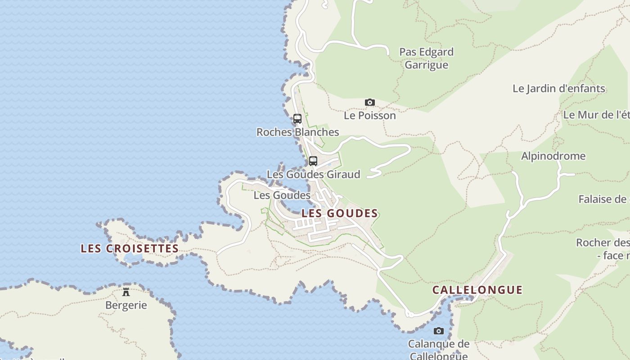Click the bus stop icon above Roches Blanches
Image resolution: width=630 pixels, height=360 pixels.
click(297, 119)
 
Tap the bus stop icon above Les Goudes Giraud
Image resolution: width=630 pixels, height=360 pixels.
click(313, 161)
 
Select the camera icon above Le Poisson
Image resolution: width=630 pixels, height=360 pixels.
click(370, 103)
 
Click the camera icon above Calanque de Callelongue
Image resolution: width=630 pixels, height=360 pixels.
click(439, 331)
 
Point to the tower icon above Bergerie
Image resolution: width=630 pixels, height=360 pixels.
click(126, 292)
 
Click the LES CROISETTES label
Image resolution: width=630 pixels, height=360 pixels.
click(130, 248)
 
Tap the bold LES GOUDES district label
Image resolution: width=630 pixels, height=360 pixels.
click(340, 213)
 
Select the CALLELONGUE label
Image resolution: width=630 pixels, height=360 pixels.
click(477, 290)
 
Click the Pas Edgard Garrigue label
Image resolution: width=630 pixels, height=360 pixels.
click(427, 58)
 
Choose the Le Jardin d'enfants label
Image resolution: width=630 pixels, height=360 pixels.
click(559, 89)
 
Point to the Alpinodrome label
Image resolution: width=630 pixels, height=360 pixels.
click(553, 156)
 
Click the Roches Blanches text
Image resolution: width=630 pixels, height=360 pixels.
click(298, 132)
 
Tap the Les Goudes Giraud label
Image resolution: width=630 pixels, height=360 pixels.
click(314, 174)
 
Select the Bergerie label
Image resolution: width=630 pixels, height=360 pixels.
click(126, 305)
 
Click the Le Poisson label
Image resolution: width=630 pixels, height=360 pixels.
click(370, 116)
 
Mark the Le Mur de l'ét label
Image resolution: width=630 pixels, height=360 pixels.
click(596, 115)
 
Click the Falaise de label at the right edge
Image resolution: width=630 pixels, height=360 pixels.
click(603, 199)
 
